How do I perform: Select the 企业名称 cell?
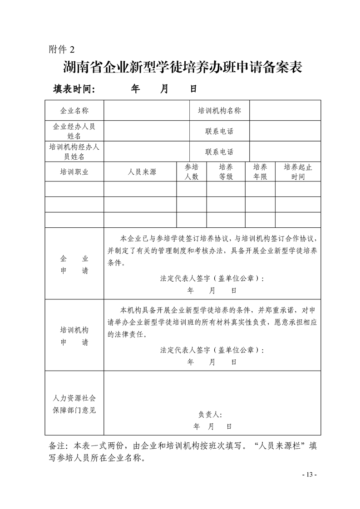[74, 111]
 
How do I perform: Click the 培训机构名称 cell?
[219, 111]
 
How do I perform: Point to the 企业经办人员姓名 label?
[74, 131]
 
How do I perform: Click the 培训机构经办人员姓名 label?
[74, 152]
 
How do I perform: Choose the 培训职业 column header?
[74, 172]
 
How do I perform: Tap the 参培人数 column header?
[192, 172]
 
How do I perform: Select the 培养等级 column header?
[226, 172]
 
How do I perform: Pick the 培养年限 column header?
[260, 172]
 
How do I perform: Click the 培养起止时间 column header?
[298, 172]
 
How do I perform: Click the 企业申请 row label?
[74, 264]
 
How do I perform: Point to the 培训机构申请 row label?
[74, 336]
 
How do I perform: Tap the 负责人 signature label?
[210, 414]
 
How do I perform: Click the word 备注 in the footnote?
[58, 446]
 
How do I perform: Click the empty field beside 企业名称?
[146, 111]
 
